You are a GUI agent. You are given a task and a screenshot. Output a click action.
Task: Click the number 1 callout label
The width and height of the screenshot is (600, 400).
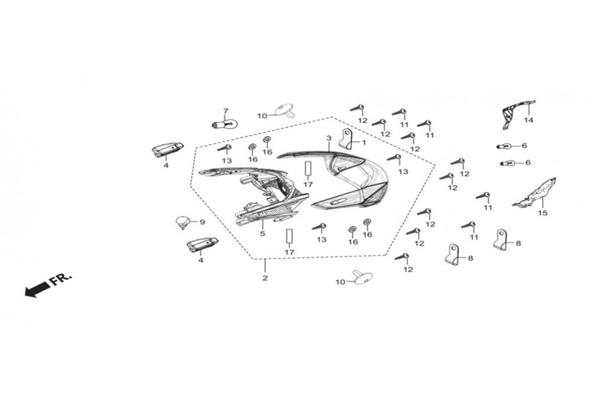364,143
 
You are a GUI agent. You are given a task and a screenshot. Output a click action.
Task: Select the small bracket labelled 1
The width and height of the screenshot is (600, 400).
346,139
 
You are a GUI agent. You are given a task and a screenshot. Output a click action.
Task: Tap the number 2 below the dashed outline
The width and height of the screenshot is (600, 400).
265,278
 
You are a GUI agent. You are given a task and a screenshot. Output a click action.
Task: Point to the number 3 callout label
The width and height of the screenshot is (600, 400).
329,138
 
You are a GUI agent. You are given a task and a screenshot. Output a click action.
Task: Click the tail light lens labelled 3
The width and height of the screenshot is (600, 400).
337,180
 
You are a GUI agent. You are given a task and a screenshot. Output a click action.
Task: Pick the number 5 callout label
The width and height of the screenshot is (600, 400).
263,233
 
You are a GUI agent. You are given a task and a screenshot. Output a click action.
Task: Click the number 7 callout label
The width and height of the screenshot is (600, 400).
226,111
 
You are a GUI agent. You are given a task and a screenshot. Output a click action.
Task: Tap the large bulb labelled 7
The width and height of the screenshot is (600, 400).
225,124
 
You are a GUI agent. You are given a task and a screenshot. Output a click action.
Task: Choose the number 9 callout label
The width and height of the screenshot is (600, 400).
203,222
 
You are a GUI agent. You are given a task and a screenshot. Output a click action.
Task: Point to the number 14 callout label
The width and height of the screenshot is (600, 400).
529,120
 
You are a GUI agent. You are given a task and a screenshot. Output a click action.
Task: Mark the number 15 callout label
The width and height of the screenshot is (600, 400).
543,213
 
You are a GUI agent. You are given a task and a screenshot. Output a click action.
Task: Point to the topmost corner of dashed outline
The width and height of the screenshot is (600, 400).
331,117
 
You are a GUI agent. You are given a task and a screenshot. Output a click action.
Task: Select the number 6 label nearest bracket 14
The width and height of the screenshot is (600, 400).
524,146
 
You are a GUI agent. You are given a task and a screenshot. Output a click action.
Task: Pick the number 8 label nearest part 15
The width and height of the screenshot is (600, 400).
519,243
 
